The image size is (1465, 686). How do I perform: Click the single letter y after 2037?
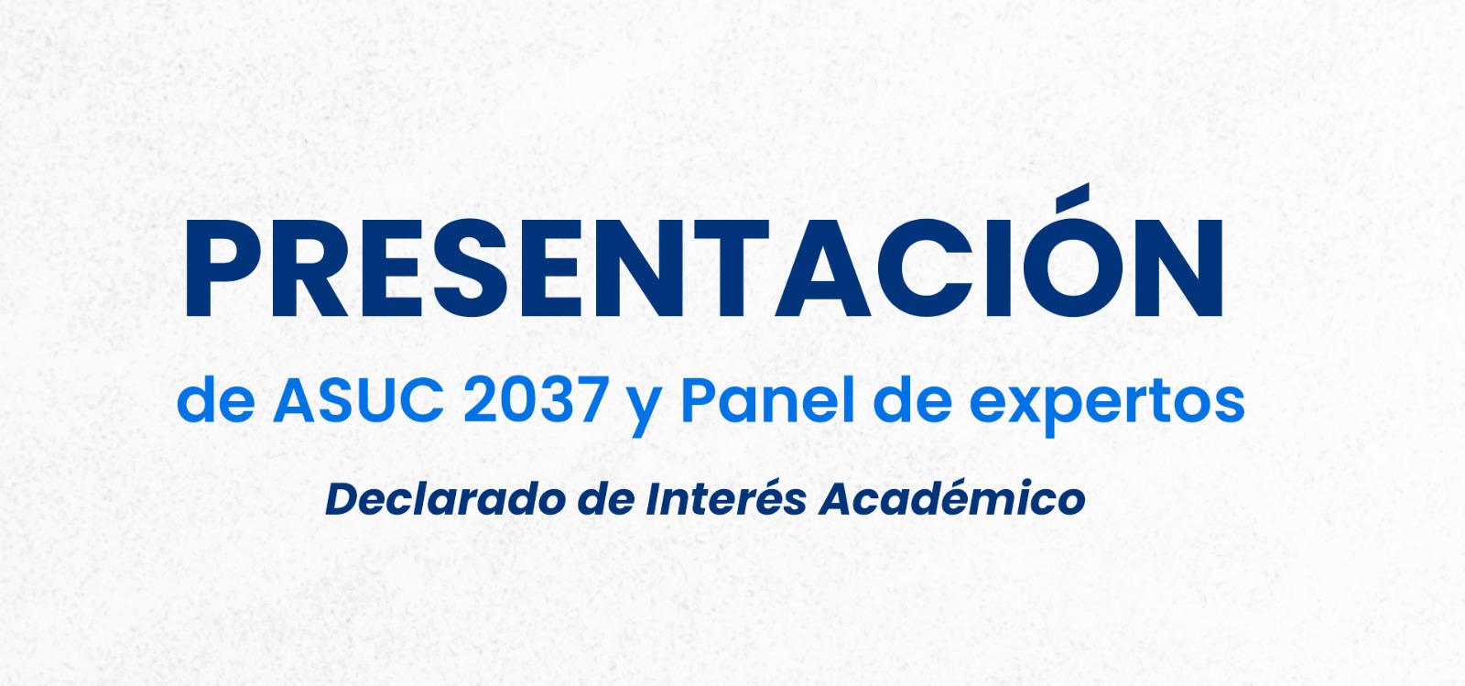(x=644, y=408)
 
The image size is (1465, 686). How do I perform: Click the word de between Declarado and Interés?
(x=606, y=500)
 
